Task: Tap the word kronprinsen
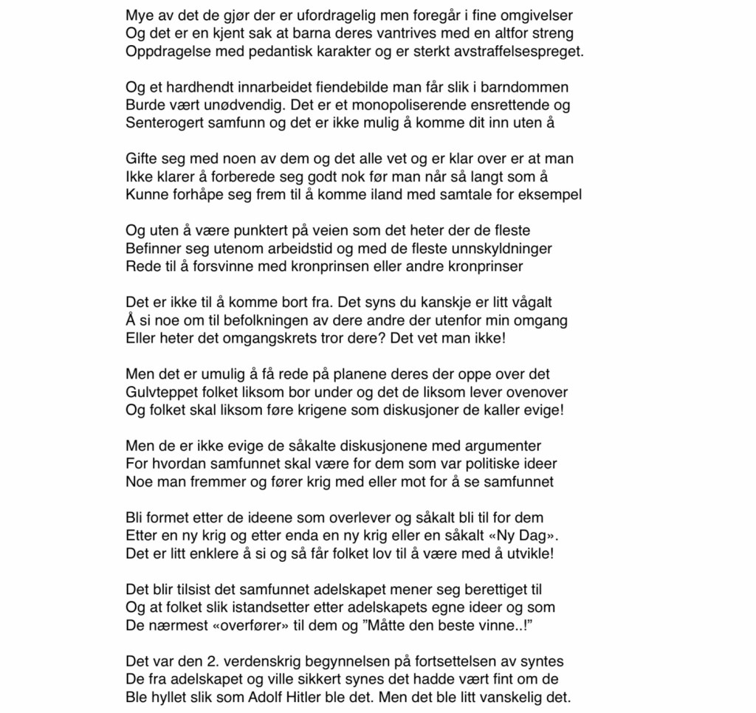[x=380, y=266]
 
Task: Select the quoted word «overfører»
[x=235, y=625]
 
